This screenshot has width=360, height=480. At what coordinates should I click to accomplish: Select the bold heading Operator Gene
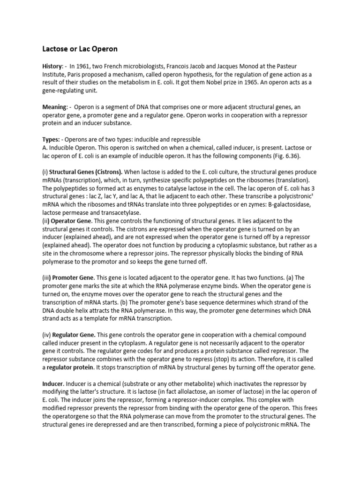(x=68, y=220)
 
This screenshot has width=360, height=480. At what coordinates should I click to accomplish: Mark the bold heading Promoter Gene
(x=70, y=277)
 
